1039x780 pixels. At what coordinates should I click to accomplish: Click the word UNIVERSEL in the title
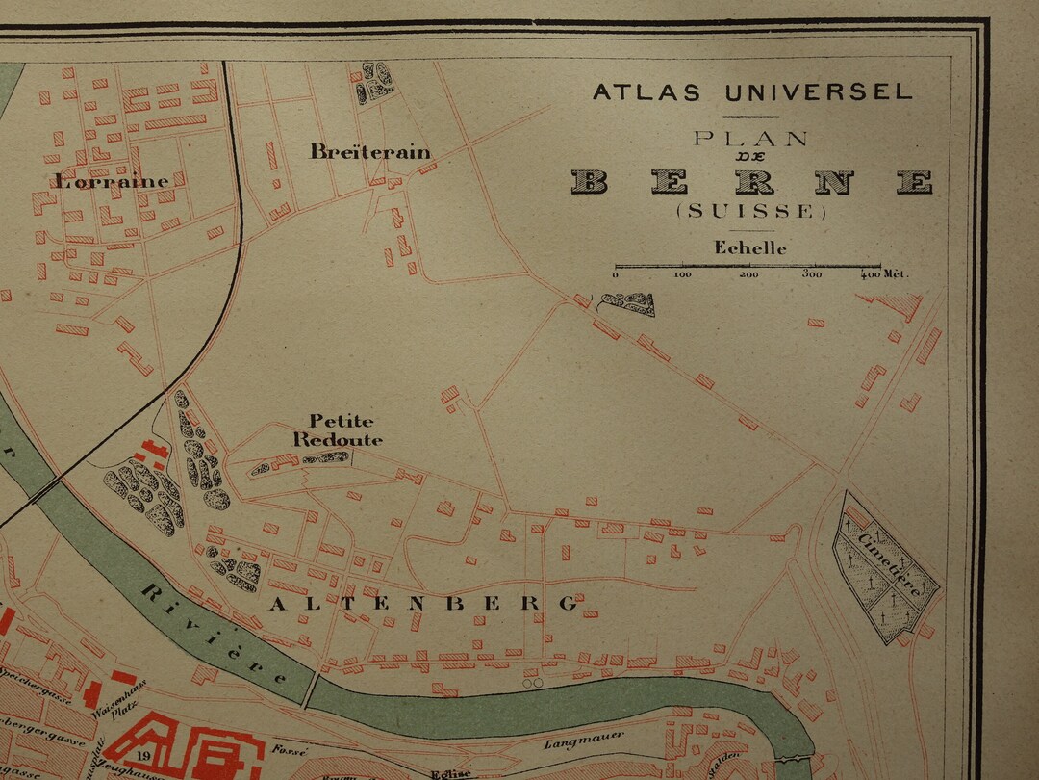pyautogui.click(x=819, y=92)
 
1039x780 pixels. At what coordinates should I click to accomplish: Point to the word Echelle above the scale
pyautogui.click(x=749, y=247)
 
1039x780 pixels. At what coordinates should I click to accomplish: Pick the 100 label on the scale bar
pyautogui.click(x=682, y=274)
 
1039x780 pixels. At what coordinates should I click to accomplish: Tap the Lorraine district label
pyautogui.click(x=112, y=181)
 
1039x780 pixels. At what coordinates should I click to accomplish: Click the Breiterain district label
pyautogui.click(x=369, y=152)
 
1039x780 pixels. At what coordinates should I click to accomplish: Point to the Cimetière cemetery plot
pyautogui.click(x=885, y=566)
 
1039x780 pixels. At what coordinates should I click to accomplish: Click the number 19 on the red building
pyautogui.click(x=141, y=756)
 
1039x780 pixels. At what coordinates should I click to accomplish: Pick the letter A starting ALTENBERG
pyautogui.click(x=277, y=604)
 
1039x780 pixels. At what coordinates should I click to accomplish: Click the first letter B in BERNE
pyautogui.click(x=590, y=181)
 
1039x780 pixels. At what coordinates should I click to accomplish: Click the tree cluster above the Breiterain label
pyautogui.click(x=375, y=83)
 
